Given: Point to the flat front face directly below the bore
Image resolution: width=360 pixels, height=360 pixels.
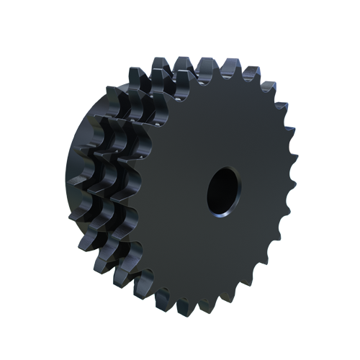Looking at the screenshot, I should (220, 252).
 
